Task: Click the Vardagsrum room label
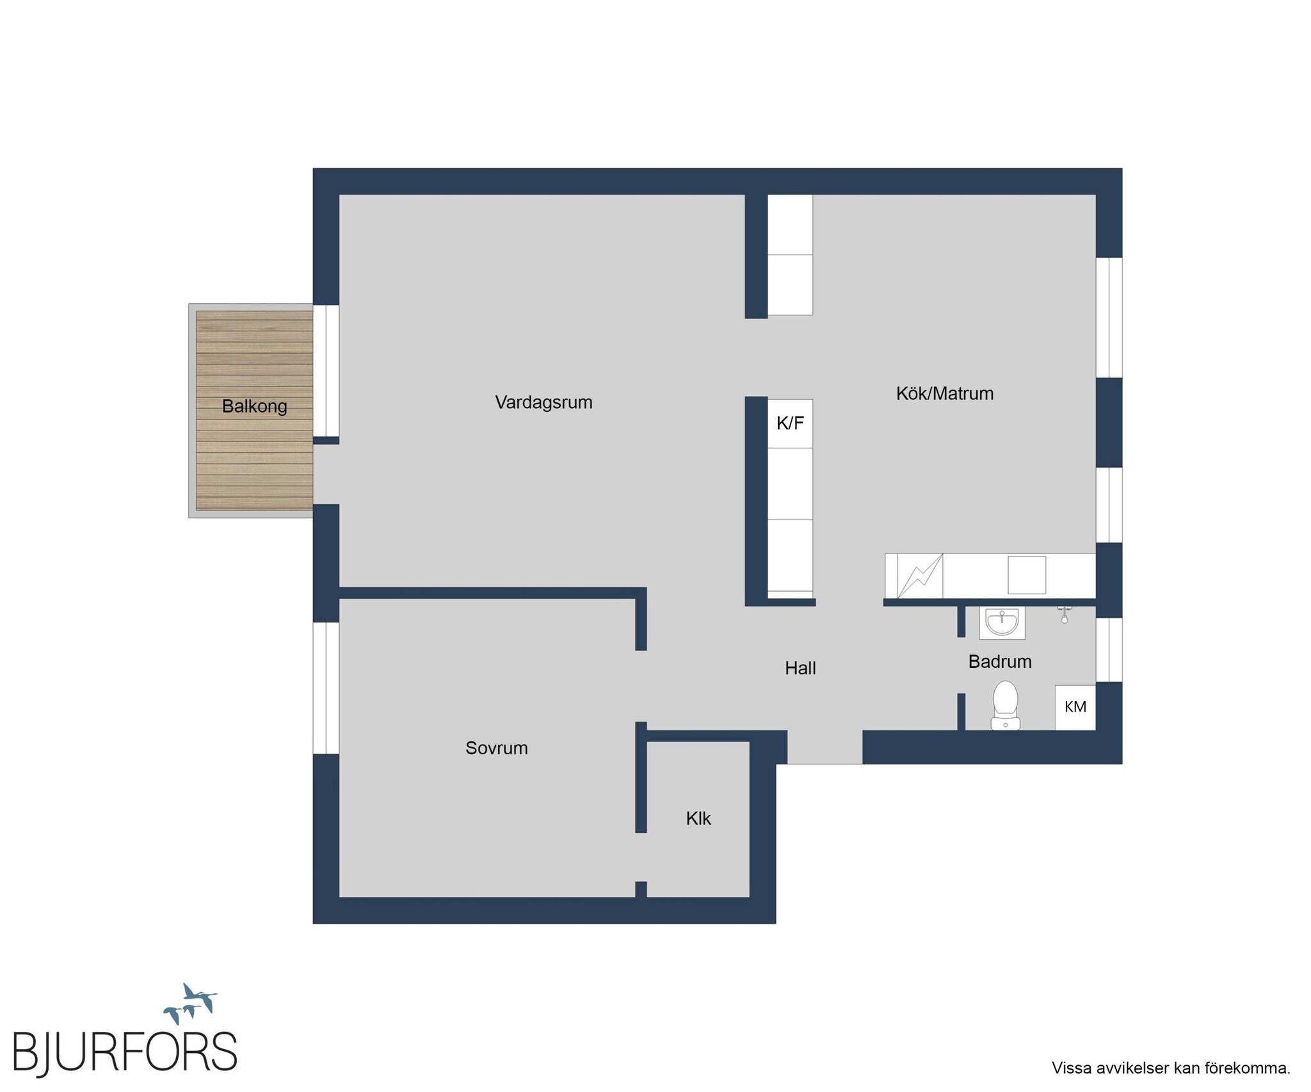tap(543, 402)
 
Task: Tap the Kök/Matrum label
tap(945, 393)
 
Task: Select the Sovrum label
tap(497, 748)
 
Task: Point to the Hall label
tap(800, 668)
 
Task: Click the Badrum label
tap(1000, 661)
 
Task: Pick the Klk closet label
tap(698, 818)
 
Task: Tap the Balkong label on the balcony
tap(255, 406)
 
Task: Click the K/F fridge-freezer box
tap(790, 423)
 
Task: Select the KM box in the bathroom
tap(1075, 707)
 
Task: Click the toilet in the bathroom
tap(1005, 705)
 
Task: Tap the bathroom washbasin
tap(1002, 622)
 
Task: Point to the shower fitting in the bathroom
tap(1064, 614)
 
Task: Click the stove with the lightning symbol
tap(920, 576)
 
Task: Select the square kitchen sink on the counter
tap(1027, 574)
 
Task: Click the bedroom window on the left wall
tap(326, 688)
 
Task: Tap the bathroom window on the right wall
tap(1109, 649)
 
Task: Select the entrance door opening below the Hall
tap(824, 747)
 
